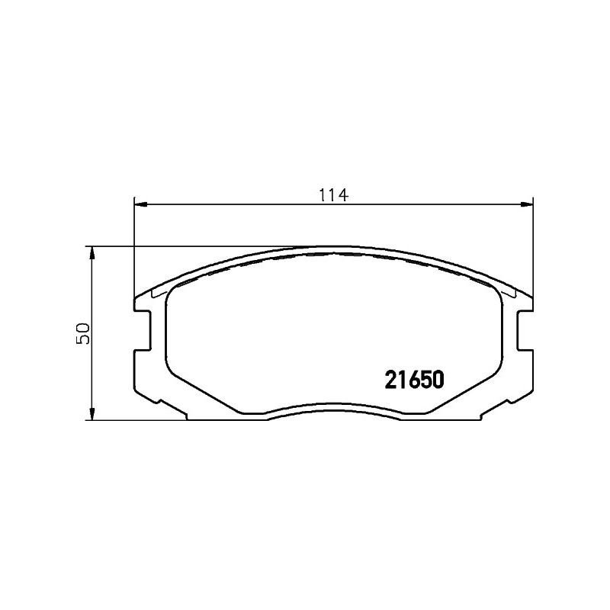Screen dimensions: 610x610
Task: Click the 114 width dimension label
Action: coord(333,194)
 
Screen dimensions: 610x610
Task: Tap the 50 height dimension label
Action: coord(84,333)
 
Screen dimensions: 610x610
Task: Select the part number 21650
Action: coord(414,379)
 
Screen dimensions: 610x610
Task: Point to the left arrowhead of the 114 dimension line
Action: coord(140,204)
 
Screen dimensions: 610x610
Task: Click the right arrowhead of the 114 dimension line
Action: coord(526,204)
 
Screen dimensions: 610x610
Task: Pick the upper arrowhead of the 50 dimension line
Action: coord(91,253)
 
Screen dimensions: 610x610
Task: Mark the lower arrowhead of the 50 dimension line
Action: coord(91,413)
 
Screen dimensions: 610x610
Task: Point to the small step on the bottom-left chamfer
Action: coord(159,401)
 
